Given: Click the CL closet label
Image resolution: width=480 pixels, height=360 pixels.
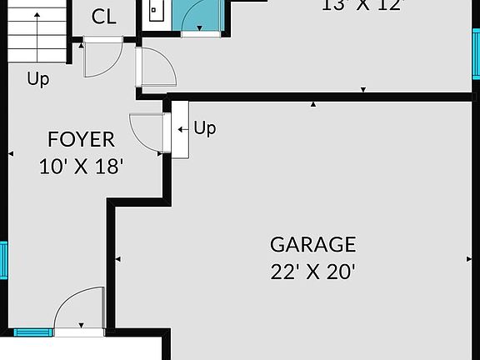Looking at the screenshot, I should pyautogui.click(x=103, y=16).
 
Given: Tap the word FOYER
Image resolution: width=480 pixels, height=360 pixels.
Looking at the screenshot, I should pyautogui.click(x=81, y=139).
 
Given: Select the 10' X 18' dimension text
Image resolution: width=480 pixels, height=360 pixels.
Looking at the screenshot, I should pyautogui.click(x=81, y=166).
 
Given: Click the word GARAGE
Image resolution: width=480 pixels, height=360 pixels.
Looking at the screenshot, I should pyautogui.click(x=312, y=244).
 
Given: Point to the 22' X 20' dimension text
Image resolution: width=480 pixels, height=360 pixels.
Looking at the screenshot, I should pyautogui.click(x=312, y=271).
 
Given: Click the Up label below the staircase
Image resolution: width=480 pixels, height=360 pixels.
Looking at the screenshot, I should pyautogui.click(x=37, y=79).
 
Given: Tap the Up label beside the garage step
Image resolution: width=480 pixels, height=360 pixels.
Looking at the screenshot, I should pyautogui.click(x=204, y=127).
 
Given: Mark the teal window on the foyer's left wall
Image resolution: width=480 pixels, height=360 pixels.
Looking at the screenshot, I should pyautogui.click(x=3, y=260).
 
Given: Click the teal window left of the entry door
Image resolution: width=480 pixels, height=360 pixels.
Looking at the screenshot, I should pyautogui.click(x=32, y=332).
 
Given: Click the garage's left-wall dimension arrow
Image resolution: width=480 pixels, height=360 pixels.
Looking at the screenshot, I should pyautogui.click(x=117, y=259).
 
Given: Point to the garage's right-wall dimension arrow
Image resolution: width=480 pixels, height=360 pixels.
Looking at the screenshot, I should pyautogui.click(x=468, y=259).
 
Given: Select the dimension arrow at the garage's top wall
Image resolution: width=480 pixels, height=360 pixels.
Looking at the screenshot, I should pyautogui.click(x=313, y=104).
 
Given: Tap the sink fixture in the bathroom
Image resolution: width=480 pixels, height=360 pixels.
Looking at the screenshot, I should pyautogui.click(x=155, y=10).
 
